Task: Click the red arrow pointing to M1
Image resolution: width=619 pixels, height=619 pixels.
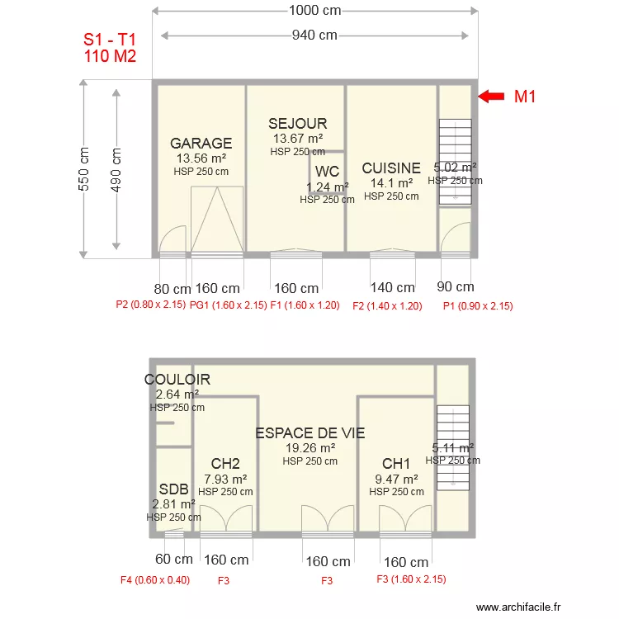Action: point(491,97)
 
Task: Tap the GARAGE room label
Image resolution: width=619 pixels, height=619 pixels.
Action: point(201,143)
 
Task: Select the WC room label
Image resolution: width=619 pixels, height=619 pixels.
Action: point(328,172)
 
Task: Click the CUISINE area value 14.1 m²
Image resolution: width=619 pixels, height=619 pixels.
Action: point(391,183)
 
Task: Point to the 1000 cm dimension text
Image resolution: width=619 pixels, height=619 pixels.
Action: point(314,10)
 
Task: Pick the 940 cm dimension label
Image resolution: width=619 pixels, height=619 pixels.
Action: point(314,35)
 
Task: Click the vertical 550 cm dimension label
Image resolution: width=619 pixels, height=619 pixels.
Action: point(83,169)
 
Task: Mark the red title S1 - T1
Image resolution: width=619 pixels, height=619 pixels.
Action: point(110,40)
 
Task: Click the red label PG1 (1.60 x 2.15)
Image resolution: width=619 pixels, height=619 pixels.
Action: point(228,305)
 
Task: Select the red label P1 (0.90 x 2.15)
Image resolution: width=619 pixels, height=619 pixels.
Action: point(478,306)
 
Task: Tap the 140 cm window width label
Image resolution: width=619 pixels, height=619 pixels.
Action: point(392,287)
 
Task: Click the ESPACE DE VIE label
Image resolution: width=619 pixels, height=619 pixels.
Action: point(309,433)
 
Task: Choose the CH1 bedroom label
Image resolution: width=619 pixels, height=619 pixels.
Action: point(396,464)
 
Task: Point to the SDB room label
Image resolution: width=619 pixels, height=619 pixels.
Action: point(173,489)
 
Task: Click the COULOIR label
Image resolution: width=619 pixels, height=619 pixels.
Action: point(177,380)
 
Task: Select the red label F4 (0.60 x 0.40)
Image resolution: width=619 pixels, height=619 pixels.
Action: point(155,580)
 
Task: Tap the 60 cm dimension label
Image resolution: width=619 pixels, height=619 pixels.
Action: point(174,559)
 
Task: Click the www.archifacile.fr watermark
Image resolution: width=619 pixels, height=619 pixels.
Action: point(518,607)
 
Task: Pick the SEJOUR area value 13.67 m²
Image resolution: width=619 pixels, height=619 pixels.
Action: point(298,139)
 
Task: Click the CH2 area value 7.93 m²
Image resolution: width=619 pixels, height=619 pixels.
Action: point(225,479)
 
